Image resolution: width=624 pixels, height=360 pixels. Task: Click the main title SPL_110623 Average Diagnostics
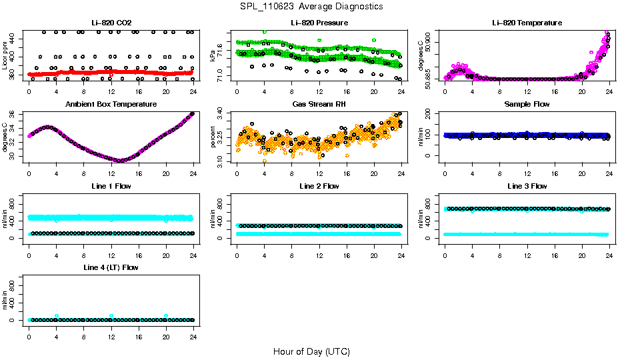312,6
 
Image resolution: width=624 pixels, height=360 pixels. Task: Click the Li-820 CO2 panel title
111,23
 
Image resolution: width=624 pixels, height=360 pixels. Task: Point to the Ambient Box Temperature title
111,104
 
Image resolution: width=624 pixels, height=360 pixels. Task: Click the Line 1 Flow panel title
111,186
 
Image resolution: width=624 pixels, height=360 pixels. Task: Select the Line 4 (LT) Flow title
111,267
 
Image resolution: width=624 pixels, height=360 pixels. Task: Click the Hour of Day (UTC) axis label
311,351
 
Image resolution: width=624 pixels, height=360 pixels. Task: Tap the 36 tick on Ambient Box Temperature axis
16,114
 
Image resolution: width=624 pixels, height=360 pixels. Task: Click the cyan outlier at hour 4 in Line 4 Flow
57,316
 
